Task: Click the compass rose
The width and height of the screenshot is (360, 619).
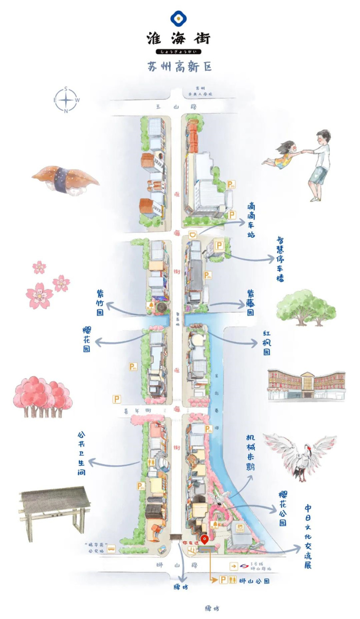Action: tap(66, 100)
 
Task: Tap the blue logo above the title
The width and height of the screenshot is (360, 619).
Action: tap(179, 19)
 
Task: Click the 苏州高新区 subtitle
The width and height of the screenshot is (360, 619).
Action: tap(180, 67)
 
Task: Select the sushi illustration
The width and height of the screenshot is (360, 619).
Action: tap(65, 179)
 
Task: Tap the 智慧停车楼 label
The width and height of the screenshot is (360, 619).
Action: tap(280, 260)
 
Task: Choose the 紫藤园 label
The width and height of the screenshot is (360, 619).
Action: tap(250, 302)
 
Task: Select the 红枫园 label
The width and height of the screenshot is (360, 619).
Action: tap(267, 343)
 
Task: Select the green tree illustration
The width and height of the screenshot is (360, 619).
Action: tap(306, 307)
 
